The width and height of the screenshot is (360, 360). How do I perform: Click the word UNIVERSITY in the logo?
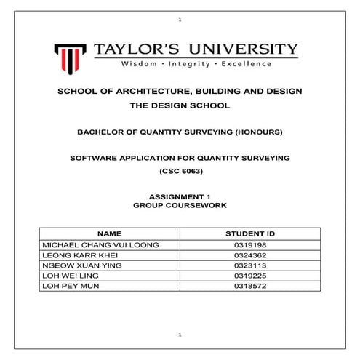245,49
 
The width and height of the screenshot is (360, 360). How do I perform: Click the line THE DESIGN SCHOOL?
180,105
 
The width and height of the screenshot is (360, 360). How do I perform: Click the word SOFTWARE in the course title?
95,157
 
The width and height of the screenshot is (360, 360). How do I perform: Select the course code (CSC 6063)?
180,170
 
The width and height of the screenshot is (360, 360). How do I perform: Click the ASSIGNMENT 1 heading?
180,197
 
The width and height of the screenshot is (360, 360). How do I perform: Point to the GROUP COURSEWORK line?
180,206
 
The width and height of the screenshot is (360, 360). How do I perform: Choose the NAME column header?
109,234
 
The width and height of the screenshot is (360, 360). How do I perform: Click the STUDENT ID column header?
250,234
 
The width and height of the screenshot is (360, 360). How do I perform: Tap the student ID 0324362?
250,255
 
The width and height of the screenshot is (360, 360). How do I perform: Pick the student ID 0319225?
250,276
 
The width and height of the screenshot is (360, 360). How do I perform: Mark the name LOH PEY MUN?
69,286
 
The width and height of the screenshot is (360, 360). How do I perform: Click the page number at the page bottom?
180,334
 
